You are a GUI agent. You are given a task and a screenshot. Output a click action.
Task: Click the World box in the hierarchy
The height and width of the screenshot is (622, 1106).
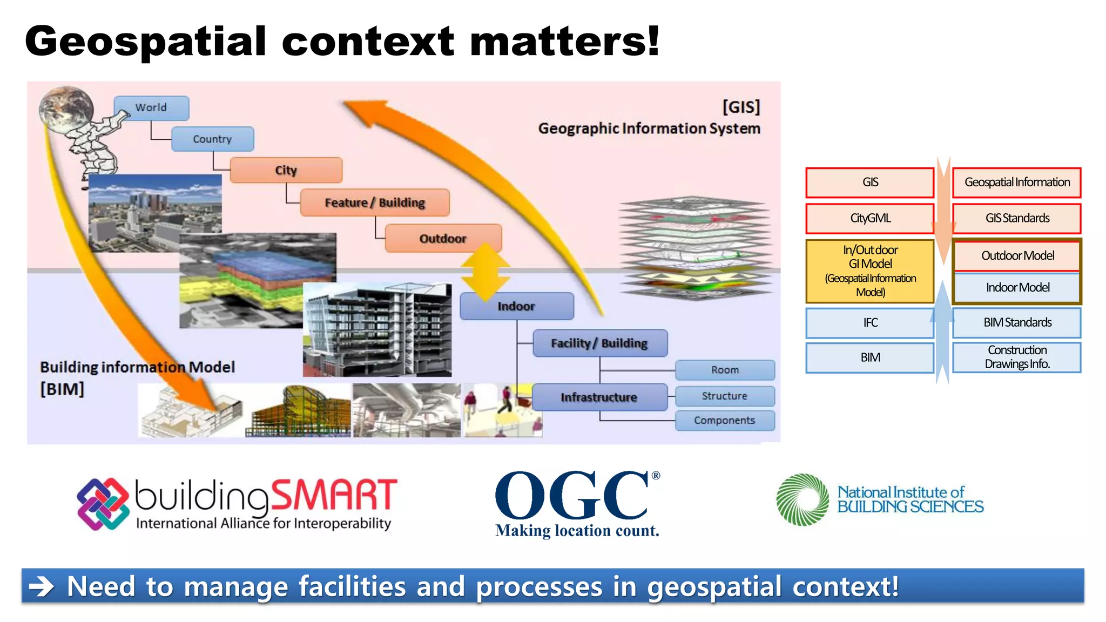pos(151,108)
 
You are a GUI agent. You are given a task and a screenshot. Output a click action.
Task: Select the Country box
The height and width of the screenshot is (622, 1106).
pos(212,139)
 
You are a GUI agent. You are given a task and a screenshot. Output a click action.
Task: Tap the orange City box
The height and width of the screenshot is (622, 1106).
pos(286,171)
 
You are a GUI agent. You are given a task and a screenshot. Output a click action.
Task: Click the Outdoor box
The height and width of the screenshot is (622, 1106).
pos(443,239)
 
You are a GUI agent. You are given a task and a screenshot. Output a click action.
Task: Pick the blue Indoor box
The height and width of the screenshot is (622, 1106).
pos(516,306)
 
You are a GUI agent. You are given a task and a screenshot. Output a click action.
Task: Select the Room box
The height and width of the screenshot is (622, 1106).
pos(725,370)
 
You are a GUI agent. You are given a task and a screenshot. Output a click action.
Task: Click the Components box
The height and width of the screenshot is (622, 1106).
pos(725,421)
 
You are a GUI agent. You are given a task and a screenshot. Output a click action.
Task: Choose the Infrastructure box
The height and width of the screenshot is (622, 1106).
pos(599,397)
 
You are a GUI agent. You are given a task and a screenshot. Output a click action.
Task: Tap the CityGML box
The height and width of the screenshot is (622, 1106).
pos(869,218)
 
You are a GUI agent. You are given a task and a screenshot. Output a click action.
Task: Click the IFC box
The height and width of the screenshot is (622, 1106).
pos(869,323)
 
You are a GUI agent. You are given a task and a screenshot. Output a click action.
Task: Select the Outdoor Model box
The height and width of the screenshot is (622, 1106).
pos(1017,255)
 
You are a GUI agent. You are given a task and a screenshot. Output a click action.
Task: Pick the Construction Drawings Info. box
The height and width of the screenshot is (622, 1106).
pos(1017,357)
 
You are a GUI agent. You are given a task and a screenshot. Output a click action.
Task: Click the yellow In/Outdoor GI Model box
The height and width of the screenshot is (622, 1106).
pos(869,271)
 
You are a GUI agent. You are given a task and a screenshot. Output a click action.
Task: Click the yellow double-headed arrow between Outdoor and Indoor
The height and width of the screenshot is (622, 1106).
pos(485,272)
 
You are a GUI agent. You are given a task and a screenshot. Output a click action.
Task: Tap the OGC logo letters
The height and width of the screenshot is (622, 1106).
pos(571,495)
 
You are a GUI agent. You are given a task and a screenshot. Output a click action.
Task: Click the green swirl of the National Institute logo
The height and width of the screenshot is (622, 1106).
pos(802,499)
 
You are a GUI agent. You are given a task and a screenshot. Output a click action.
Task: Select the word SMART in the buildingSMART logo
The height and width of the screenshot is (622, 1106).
pos(334,495)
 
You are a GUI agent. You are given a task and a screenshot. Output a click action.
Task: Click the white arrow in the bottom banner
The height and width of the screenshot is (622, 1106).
pos(42,586)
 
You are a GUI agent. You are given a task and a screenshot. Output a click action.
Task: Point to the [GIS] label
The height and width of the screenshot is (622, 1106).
pos(741,107)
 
